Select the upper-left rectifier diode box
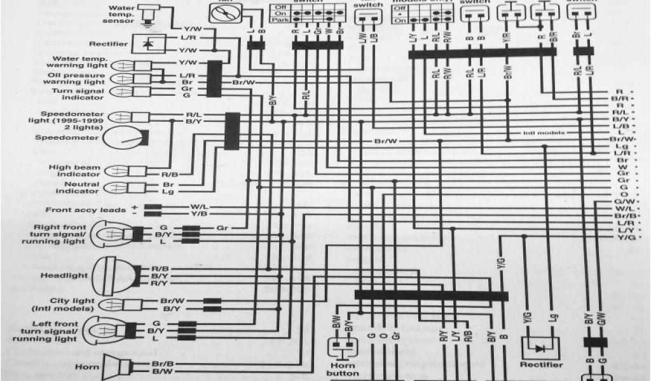149,44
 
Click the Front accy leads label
86,210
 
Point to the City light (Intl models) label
77,304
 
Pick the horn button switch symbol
341,349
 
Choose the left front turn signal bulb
114,330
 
